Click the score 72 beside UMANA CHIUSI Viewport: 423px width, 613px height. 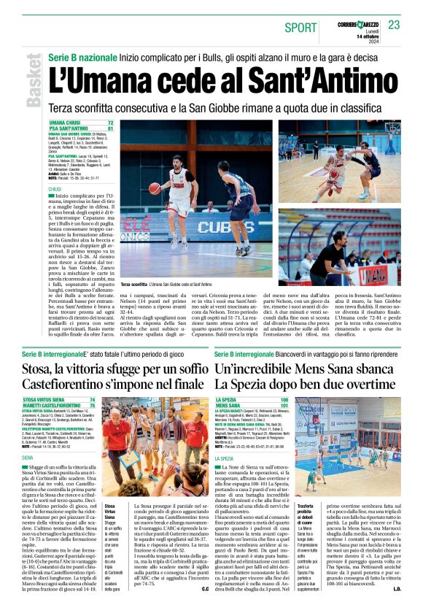pos(110,123)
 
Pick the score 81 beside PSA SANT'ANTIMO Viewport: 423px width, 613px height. pos(110,129)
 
